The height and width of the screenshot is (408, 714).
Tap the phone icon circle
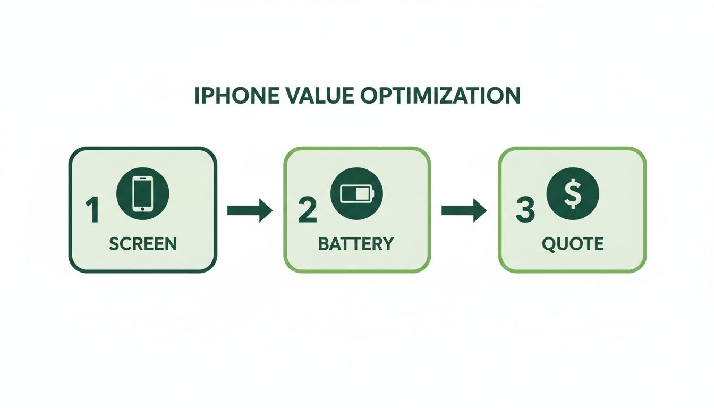pyautogui.click(x=142, y=193)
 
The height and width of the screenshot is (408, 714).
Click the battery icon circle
pyautogui.click(x=356, y=193)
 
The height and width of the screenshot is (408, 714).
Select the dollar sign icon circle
pyautogui.click(x=573, y=193)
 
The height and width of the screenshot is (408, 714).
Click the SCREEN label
pyautogui.click(x=142, y=244)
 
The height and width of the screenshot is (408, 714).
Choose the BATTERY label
pyautogui.click(x=356, y=244)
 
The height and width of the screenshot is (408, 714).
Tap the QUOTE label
pyautogui.click(x=573, y=244)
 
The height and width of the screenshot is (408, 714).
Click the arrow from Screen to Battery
pyautogui.click(x=250, y=211)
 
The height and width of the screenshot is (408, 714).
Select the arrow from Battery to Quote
pyautogui.click(x=464, y=211)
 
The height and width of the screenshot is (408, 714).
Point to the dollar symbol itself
pyautogui.click(x=573, y=193)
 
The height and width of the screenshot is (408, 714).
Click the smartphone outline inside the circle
pyautogui.click(x=142, y=193)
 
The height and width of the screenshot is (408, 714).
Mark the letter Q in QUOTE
pyautogui.click(x=549, y=244)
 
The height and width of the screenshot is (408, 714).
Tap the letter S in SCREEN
pyautogui.click(x=113, y=244)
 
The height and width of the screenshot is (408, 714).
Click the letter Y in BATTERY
pyautogui.click(x=388, y=244)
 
